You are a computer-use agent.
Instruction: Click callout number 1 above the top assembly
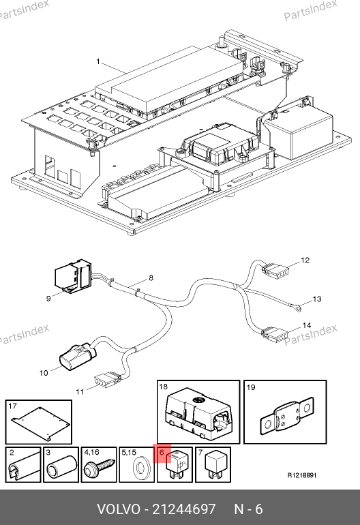(x=98, y=61)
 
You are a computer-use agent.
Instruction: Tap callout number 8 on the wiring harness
(x=151, y=278)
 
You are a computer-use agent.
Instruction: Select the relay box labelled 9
(x=73, y=275)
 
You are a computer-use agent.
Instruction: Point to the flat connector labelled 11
(x=106, y=379)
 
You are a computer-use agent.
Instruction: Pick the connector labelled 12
(x=275, y=270)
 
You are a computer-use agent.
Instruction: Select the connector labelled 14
(x=275, y=335)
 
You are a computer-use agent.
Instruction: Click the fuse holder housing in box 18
(x=198, y=412)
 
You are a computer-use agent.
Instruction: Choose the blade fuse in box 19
(x=288, y=415)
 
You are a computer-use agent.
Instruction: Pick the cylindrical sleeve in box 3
(x=62, y=466)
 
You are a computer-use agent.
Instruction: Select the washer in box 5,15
(x=139, y=468)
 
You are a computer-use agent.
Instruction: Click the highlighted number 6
(x=162, y=453)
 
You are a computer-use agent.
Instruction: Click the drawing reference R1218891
(x=302, y=475)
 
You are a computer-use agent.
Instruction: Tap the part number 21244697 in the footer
(x=184, y=509)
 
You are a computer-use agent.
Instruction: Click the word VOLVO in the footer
(x=119, y=509)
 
